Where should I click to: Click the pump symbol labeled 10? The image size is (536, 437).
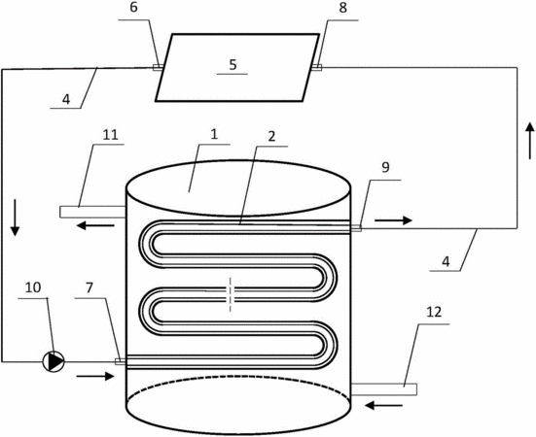pos(54,361)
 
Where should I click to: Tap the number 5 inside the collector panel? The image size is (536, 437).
pos(232,64)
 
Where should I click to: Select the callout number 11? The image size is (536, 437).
pos(110,135)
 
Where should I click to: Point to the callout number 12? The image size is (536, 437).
pos(434,312)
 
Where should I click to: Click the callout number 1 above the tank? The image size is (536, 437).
pos(214,134)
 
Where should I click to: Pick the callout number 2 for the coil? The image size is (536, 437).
pos(271,137)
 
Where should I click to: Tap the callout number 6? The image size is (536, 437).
pos(133,8)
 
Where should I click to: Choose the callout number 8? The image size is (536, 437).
pos(342,8)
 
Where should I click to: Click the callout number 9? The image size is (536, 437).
pos(385,167)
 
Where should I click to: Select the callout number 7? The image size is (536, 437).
pos(89,287)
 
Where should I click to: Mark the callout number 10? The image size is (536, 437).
pos(33,287)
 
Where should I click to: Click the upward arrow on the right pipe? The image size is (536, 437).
pos(530,141)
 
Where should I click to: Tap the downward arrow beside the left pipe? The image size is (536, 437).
pos(15,218)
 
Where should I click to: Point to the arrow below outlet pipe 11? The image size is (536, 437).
pos(95,225)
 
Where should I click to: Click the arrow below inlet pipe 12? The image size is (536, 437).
pos(384,405)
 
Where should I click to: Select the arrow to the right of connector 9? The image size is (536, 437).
pos(393,220)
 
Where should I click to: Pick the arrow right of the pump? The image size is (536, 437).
pos(95,376)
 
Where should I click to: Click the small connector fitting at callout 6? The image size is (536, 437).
pos(158,68)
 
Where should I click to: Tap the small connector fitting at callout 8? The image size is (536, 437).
pos(316,68)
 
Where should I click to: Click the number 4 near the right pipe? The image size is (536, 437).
pos(446,261)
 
